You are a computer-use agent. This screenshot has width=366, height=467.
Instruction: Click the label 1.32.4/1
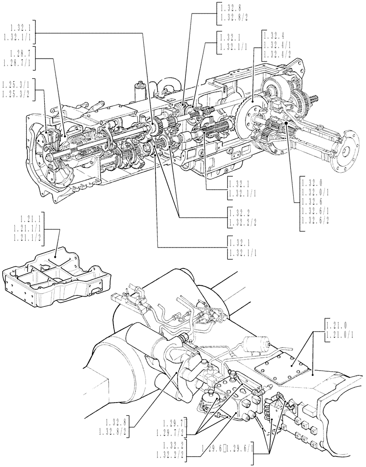[x=277, y=45]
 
